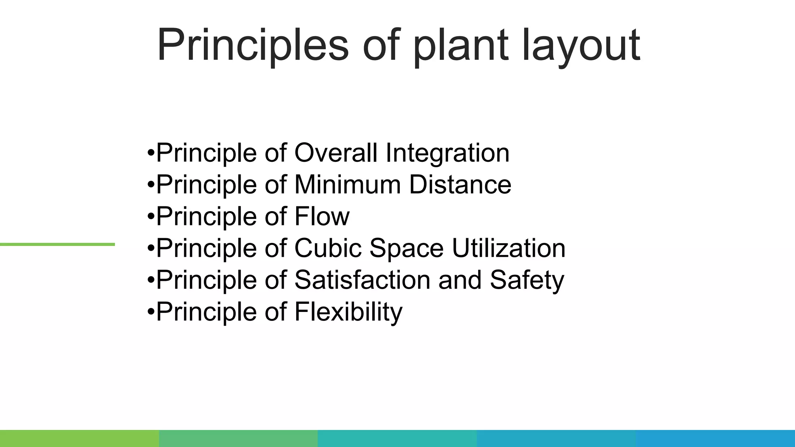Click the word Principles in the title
point(253,46)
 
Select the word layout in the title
point(581,46)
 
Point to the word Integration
point(447,153)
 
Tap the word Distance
point(460,184)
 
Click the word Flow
point(322,216)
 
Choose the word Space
point(406,249)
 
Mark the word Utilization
point(509,248)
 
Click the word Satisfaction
point(362,280)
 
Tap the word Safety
point(527,281)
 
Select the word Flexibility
point(348,312)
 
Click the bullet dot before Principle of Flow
point(151,217)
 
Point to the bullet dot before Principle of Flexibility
point(151,312)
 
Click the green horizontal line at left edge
point(57,244)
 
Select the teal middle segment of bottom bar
point(397,438)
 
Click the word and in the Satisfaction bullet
point(460,280)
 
